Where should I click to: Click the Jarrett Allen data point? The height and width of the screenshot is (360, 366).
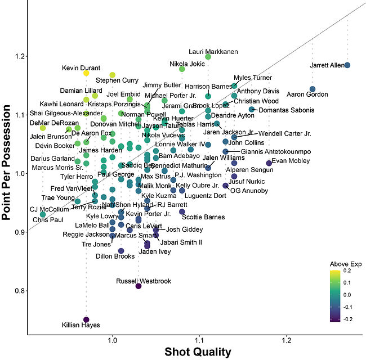[347, 65]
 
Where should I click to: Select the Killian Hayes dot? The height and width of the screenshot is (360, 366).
[86, 319]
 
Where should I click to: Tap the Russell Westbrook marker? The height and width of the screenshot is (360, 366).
[139, 286]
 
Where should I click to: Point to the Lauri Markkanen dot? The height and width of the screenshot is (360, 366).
[208, 57]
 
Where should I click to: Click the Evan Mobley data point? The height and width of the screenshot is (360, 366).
[269, 163]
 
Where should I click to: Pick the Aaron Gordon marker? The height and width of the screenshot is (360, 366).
[313, 89]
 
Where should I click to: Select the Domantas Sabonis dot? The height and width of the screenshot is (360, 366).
[252, 109]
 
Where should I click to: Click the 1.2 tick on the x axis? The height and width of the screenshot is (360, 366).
[287, 341]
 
